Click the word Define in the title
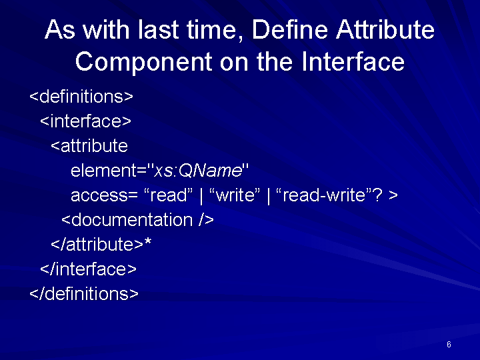point(289,30)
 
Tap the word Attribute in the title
point(385,30)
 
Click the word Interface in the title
point(353,61)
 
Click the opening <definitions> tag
point(81,97)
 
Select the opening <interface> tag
point(86,121)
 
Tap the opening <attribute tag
point(89,145)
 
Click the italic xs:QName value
point(198,170)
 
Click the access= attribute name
point(104,195)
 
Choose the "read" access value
point(169,195)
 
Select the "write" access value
point(235,195)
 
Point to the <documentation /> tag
point(138,219)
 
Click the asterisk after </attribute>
point(147,242)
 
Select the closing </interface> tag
point(89,269)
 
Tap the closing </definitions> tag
point(84,293)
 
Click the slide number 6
point(449,345)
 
